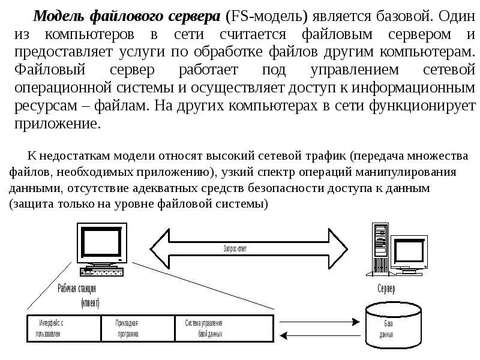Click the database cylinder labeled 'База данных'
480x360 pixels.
pyautogui.click(x=388, y=328)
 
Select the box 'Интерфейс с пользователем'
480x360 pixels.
pyautogui.click(x=64, y=328)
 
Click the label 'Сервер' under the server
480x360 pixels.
pyautogui.click(x=386, y=289)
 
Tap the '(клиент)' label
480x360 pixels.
pyautogui.click(x=91, y=302)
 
